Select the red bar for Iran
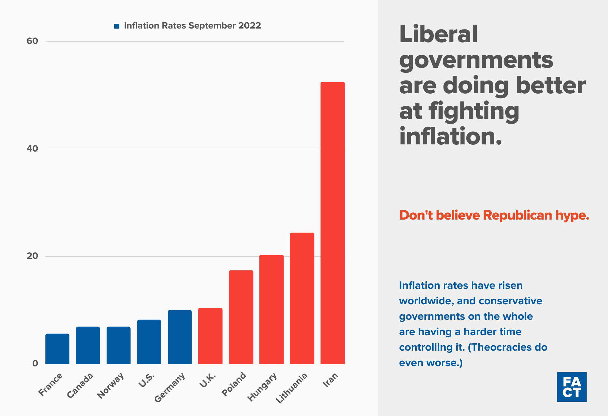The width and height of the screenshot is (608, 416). (332, 223)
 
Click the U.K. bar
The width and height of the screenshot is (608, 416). (210, 336)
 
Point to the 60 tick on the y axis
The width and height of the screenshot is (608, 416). (32, 41)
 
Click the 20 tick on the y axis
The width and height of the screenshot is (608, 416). (32, 256)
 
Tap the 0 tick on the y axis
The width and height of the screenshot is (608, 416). (35, 363)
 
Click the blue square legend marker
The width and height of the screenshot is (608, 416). (117, 26)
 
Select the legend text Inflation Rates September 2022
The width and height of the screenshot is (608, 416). (192, 26)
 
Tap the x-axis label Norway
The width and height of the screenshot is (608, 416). (111, 385)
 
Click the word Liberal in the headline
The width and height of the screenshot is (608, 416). (438, 34)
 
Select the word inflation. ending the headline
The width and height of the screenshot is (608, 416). (450, 136)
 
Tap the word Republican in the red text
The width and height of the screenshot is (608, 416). (517, 215)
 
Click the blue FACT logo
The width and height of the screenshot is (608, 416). (571, 387)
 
